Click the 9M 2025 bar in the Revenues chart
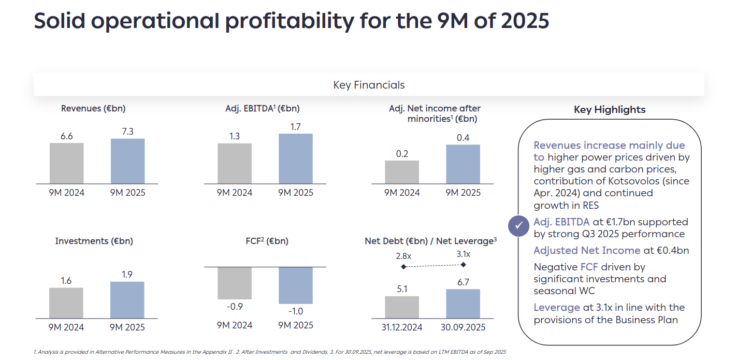click(x=128, y=161)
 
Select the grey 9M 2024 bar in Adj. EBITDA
click(x=235, y=163)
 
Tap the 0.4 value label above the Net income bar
click(x=463, y=138)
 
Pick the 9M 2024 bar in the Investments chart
click(x=66, y=303)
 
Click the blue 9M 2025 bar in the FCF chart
click(x=296, y=285)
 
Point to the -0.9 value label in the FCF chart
click(x=235, y=307)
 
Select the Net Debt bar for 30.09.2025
click(x=463, y=304)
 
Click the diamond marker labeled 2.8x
click(x=403, y=267)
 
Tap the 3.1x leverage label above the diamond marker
click(x=463, y=254)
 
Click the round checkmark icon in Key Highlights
click(x=519, y=226)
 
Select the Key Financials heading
click(x=369, y=85)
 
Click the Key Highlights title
click(x=610, y=110)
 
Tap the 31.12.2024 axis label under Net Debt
click(x=402, y=327)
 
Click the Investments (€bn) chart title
click(x=94, y=241)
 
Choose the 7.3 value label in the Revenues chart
click(x=127, y=132)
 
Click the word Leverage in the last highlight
click(x=557, y=308)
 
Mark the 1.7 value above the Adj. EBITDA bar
click(x=296, y=126)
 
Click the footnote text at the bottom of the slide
click(x=269, y=352)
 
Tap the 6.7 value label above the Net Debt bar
click(x=463, y=282)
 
